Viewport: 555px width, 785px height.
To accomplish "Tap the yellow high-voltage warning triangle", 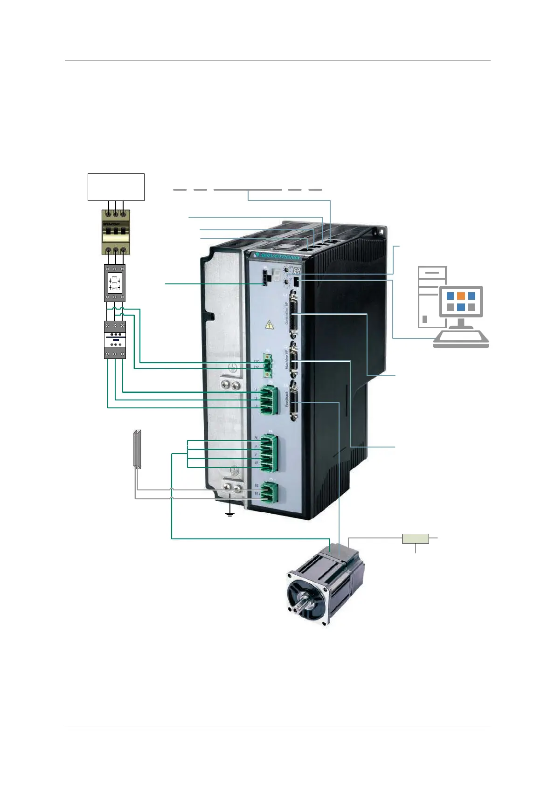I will click(270, 324).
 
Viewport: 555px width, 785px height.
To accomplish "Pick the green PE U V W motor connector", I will click(269, 452).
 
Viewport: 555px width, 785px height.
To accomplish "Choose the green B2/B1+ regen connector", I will click(269, 492).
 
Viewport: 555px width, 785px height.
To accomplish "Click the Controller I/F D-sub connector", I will click(293, 316).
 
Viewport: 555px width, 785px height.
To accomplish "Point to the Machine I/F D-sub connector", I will click(293, 361).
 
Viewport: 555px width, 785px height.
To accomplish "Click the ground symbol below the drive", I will click(229, 514).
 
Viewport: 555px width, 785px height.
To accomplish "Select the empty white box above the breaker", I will click(116, 187).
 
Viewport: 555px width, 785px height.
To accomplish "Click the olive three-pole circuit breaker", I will click(116, 232).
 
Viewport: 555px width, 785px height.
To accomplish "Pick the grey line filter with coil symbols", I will click(114, 283).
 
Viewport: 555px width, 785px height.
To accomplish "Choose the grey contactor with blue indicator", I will click(115, 339).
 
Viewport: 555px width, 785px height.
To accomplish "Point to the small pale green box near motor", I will click(415, 538).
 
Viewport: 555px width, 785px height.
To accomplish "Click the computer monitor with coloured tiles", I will click(460, 302).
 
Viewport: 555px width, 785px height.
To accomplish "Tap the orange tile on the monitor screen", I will click(461, 296).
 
